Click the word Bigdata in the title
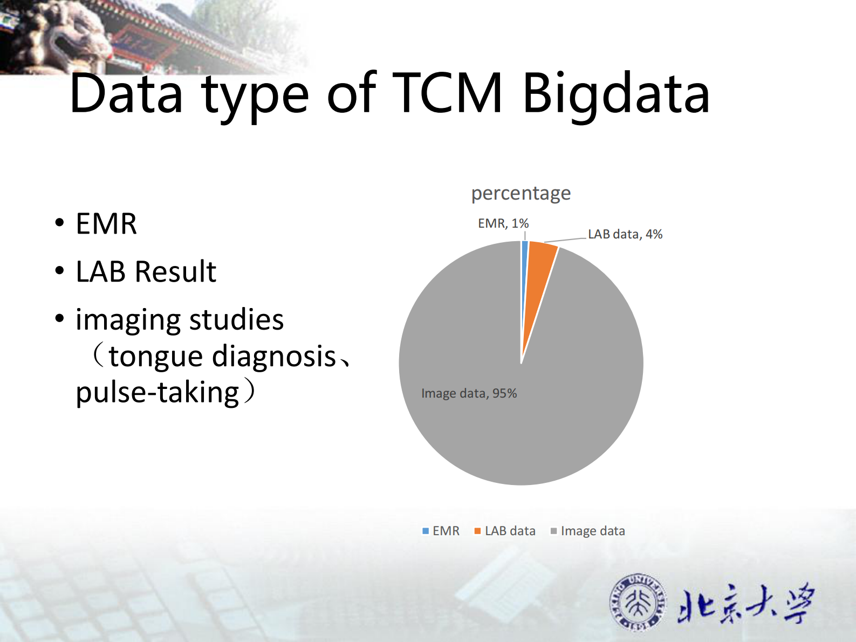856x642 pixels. pyautogui.click(x=616, y=94)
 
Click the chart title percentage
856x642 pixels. pyautogui.click(x=521, y=193)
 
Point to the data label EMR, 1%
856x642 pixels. pyautogui.click(x=503, y=223)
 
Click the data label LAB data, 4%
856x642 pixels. pyautogui.click(x=625, y=234)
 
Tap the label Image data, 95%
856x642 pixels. pyautogui.click(x=469, y=393)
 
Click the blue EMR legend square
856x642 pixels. pyautogui.click(x=426, y=531)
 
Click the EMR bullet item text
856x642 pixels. pyautogui.click(x=106, y=224)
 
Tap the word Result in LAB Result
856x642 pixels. pyautogui.click(x=175, y=271)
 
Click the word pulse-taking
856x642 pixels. pyautogui.click(x=157, y=393)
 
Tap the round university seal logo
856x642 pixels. pyautogui.click(x=639, y=602)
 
